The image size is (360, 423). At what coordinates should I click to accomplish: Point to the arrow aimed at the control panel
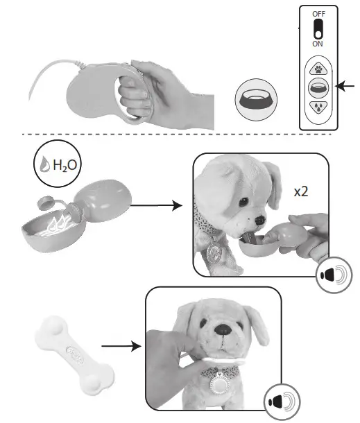(347, 86)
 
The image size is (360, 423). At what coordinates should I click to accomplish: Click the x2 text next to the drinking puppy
(301, 191)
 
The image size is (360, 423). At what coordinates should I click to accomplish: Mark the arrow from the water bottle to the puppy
(156, 205)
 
